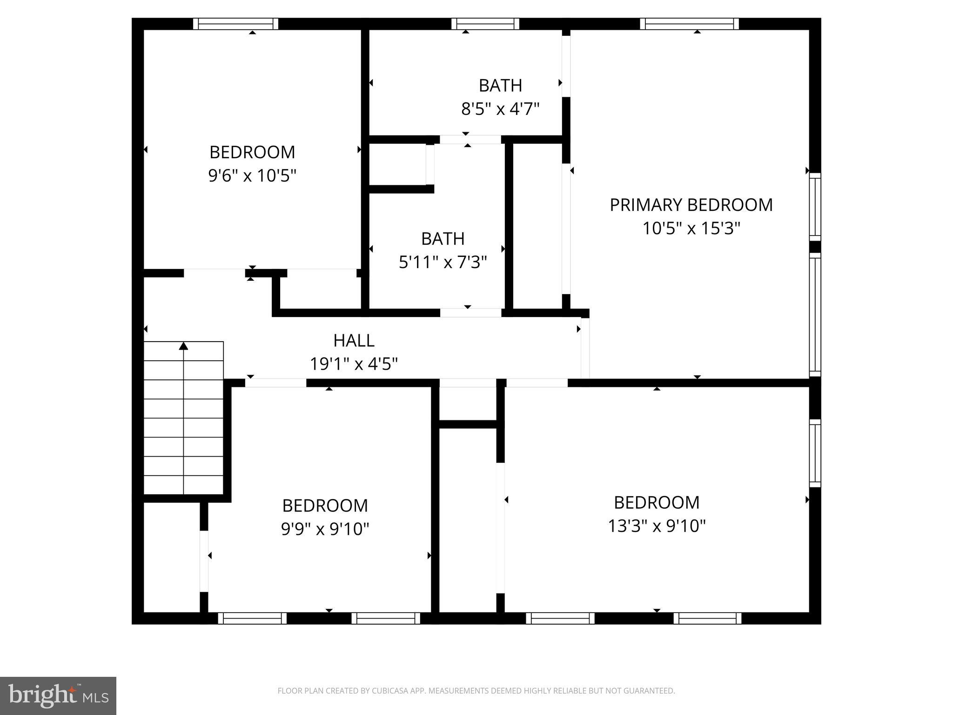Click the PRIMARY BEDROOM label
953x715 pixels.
pos(691,205)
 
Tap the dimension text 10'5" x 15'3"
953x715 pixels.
pos(691,229)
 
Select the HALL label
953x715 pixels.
pos(354,341)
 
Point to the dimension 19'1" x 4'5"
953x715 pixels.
pos(354,364)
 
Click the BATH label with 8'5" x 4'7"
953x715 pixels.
pos(500,86)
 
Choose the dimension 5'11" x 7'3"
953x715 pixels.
pos(443,263)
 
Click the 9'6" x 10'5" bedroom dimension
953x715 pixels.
pos(252,176)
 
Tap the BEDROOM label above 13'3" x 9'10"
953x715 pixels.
pos(657,503)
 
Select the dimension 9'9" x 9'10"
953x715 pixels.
pos(325,529)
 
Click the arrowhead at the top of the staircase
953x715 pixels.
pos(184,346)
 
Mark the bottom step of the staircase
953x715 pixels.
pos(184,485)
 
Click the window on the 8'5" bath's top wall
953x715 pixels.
pos(485,24)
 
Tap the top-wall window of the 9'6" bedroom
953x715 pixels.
pos(235,24)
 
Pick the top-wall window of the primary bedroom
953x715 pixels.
pos(689,24)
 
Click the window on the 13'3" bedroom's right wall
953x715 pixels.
pos(815,453)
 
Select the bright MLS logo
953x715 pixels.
pos(58,695)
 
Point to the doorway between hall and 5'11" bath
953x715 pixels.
pos(470,313)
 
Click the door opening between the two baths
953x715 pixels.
pos(470,139)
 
